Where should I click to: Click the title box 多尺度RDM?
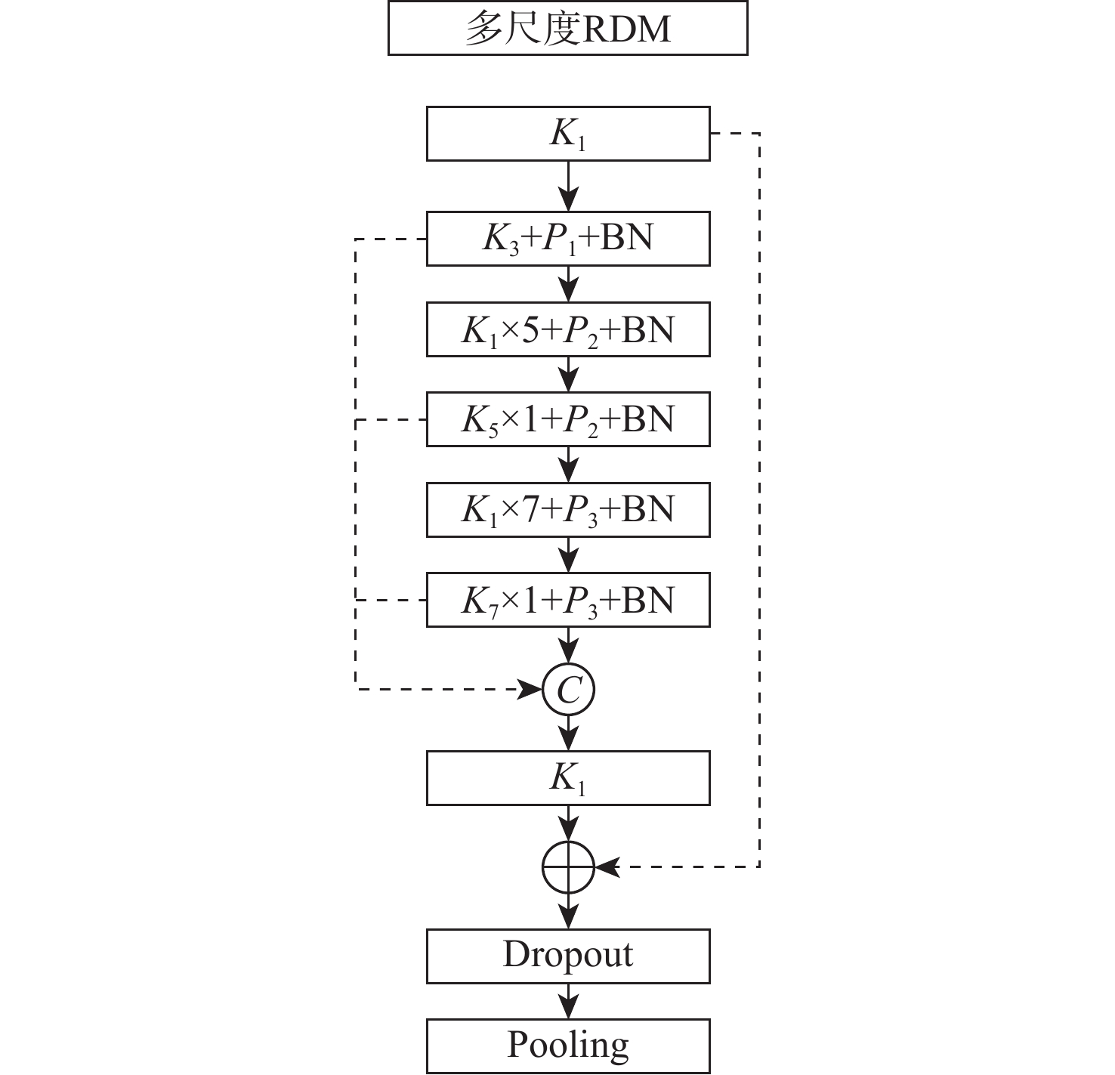[x=567, y=28]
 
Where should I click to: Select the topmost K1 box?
[x=567, y=134]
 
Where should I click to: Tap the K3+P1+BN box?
[x=567, y=239]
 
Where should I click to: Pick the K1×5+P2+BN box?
[x=567, y=329]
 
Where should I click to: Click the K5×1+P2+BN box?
[x=567, y=419]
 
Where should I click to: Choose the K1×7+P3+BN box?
[x=567, y=510]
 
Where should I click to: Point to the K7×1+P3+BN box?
[x=567, y=600]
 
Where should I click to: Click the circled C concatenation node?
[x=569, y=689]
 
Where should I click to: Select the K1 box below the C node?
[x=567, y=777]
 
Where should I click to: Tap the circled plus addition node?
[x=569, y=866]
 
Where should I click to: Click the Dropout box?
[x=567, y=956]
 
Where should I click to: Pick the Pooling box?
[x=567, y=1046]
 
